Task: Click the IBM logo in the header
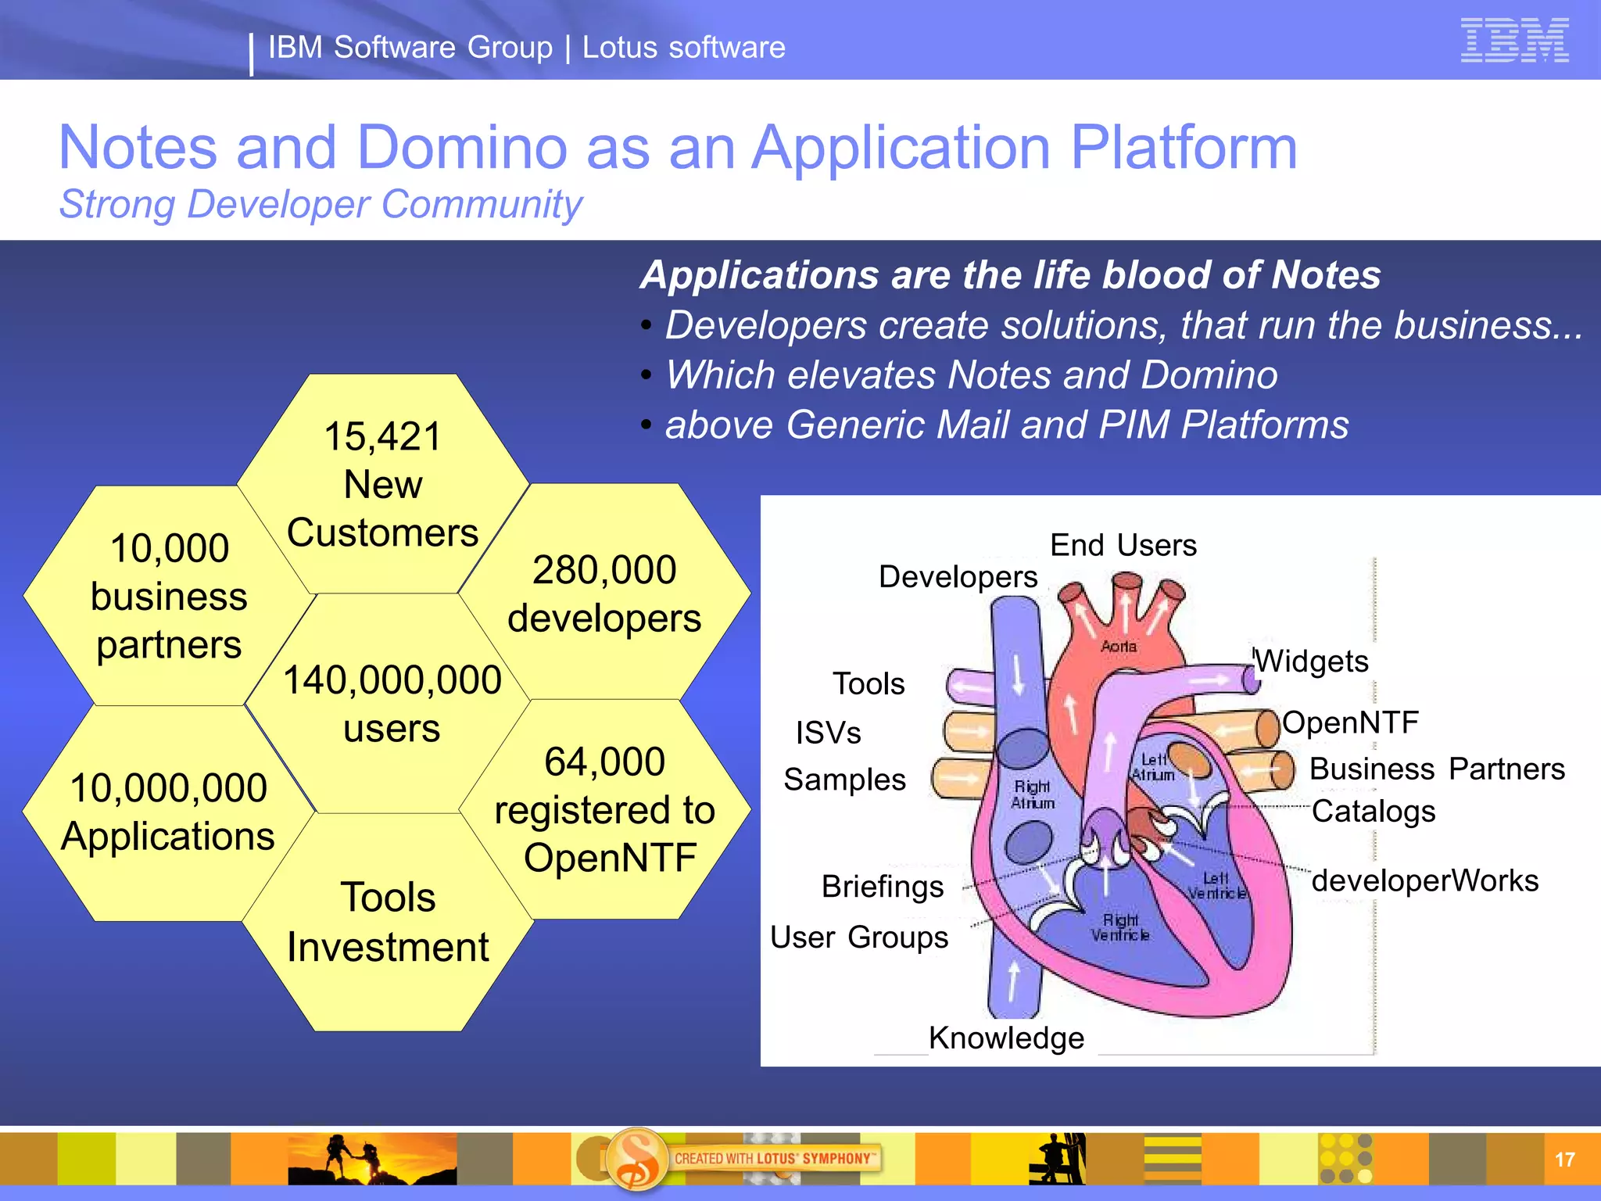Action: click(1514, 40)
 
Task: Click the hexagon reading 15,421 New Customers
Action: click(383, 484)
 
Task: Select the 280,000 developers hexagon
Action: click(604, 593)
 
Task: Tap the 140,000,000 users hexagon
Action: click(392, 704)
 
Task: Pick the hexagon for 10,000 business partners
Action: click(169, 596)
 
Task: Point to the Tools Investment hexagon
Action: click(388, 922)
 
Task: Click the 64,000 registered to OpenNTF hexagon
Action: click(605, 809)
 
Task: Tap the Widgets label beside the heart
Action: click(1313, 661)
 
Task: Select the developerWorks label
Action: click(1424, 880)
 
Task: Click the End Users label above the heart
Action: click(1123, 545)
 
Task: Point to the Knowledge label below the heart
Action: click(1006, 1038)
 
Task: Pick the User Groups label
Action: click(859, 937)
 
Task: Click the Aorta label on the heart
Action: click(1119, 647)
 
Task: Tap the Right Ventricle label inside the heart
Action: click(1120, 927)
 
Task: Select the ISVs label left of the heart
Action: click(828, 733)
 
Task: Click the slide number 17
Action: click(1564, 1160)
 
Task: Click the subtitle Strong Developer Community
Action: click(321, 205)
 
